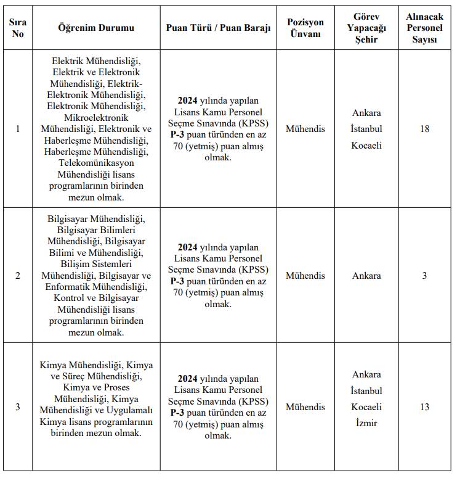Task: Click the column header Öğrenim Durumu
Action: (95, 28)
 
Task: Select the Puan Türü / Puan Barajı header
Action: (218, 28)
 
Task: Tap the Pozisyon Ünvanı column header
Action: (305, 28)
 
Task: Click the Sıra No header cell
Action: (17, 28)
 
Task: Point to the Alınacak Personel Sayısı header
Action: (424, 28)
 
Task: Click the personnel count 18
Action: (424, 129)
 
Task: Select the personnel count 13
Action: (424, 407)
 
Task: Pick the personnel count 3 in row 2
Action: (424, 276)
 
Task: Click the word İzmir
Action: (366, 424)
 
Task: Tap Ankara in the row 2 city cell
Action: (366, 276)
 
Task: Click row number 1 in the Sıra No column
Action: (17, 129)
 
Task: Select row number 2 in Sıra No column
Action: (17, 276)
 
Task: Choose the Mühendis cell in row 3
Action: (305, 407)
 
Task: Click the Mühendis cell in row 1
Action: (305, 129)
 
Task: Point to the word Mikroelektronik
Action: (95, 118)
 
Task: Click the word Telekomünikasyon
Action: (95, 162)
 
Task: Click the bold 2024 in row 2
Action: (187, 247)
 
